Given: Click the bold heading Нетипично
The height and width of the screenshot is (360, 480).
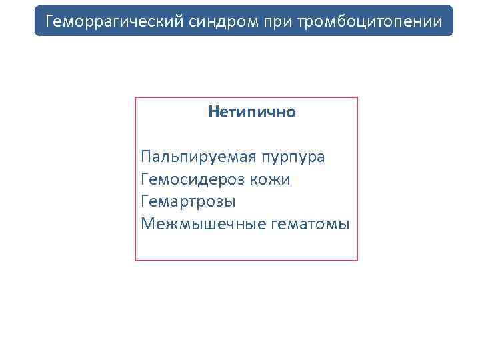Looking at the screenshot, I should tap(251, 112).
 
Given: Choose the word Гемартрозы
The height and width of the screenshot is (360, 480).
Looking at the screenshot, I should tap(189, 201).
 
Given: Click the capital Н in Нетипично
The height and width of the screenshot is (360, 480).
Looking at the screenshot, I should tap(213, 112).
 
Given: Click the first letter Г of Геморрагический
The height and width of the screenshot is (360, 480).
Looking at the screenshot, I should tap(49, 22).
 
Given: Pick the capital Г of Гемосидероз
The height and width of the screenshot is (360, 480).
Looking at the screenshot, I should tap(145, 179).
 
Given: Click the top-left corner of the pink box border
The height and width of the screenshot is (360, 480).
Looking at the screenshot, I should tap(135, 98).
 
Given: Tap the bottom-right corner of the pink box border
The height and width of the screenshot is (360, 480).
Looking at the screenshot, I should tap(357, 260).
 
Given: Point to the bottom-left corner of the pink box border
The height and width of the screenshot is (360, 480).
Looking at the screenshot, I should tap(135, 260).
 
